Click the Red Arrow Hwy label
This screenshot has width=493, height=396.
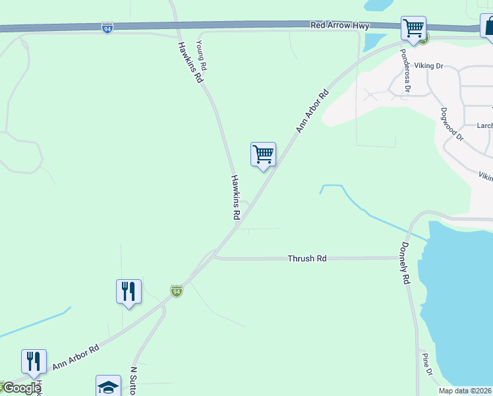pyautogui.click(x=340, y=25)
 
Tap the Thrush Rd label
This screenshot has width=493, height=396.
pyautogui.click(x=307, y=259)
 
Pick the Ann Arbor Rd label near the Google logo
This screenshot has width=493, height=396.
pyautogui.click(x=75, y=356)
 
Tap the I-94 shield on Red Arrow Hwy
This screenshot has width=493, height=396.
pyautogui.click(x=107, y=28)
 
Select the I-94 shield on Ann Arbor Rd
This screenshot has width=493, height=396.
pyautogui.click(x=176, y=290)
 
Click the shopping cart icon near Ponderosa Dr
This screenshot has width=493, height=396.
pyautogui.click(x=413, y=28)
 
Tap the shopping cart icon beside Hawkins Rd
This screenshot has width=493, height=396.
pyautogui.click(x=263, y=154)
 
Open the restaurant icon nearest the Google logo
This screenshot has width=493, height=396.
pyautogui.click(x=34, y=361)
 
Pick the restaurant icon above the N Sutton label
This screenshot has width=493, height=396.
pyautogui.click(x=129, y=291)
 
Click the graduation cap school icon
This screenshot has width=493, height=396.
pyautogui.click(x=108, y=386)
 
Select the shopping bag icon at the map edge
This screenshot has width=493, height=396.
pyautogui.click(x=488, y=26)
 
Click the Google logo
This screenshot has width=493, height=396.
pyautogui.click(x=22, y=387)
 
